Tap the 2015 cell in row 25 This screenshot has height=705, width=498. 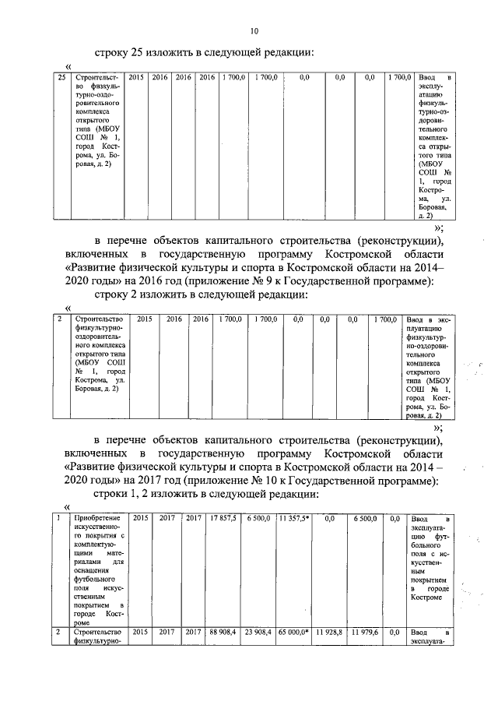[136, 78]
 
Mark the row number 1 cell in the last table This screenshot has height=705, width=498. [61, 517]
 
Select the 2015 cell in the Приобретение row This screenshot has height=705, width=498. [140, 517]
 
